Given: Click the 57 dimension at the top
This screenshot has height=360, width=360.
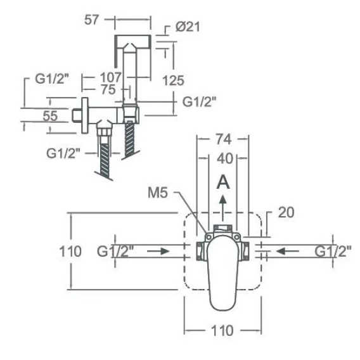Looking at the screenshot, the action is [x=91, y=20].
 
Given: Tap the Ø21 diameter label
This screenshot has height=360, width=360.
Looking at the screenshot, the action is [x=188, y=27].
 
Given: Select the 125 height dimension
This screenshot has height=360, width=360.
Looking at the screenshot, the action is [x=173, y=80].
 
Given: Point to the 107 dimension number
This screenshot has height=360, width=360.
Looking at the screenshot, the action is [x=110, y=77].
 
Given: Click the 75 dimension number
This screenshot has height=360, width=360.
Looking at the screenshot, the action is [x=108, y=89].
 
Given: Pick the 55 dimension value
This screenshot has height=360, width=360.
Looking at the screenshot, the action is [x=50, y=116].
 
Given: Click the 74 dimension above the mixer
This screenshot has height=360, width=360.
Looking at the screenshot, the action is [x=224, y=139].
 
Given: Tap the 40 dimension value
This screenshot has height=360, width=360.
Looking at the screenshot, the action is [x=225, y=158].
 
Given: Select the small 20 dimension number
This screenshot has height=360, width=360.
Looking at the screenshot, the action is [x=286, y=212].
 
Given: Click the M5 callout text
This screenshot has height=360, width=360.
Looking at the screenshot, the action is [x=158, y=193].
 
